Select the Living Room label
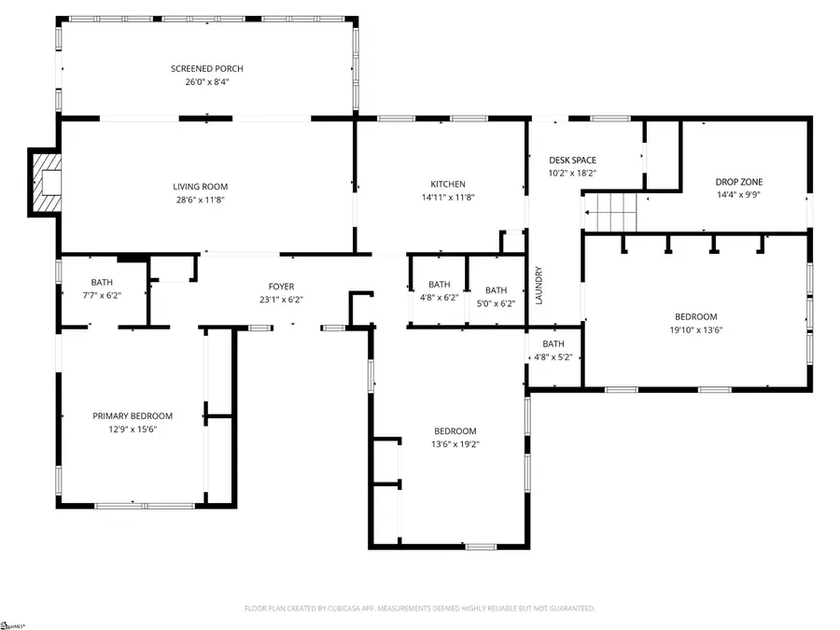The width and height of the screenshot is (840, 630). pyautogui.click(x=200, y=187)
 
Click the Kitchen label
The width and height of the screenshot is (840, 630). pyautogui.click(x=447, y=184)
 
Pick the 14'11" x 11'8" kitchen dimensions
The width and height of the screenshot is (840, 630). pyautogui.click(x=447, y=197)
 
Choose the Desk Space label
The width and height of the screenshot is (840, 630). pyautogui.click(x=572, y=161)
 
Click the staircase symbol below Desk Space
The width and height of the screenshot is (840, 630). pyautogui.click(x=611, y=213)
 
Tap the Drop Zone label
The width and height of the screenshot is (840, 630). pyautogui.click(x=738, y=182)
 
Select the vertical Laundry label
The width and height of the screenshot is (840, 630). pyautogui.click(x=539, y=287)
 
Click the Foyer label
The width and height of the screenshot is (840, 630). pyautogui.click(x=281, y=287)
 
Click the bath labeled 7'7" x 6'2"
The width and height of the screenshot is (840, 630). pyautogui.click(x=102, y=288)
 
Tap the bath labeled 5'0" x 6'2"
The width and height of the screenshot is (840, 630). pyautogui.click(x=496, y=296)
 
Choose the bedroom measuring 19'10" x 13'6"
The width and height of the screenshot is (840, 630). pyautogui.click(x=696, y=323)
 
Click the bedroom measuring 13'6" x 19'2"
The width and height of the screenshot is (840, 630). pyautogui.click(x=455, y=437)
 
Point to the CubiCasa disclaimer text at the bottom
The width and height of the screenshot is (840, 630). pyautogui.click(x=419, y=608)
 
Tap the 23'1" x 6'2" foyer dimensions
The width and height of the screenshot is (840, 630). pyautogui.click(x=281, y=300)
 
